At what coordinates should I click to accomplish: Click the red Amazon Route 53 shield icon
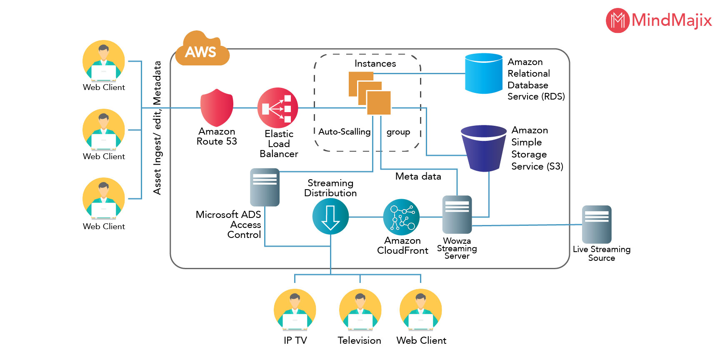point(217,107)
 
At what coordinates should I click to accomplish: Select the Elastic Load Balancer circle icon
point(277,107)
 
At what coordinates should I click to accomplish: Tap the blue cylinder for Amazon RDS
point(483,73)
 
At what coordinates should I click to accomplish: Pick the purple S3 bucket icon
point(483,148)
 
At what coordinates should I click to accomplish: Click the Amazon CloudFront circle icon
point(401,217)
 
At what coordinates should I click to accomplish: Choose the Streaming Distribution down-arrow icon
point(330,217)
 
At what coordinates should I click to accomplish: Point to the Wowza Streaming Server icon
point(457,214)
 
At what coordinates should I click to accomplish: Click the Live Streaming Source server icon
point(597,224)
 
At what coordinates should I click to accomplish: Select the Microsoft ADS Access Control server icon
point(265,187)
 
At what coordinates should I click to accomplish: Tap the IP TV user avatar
point(295,310)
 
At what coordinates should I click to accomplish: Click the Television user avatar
point(360,310)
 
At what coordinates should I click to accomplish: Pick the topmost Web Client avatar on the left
point(104,61)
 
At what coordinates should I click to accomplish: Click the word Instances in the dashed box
point(375,64)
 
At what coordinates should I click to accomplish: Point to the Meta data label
point(418,176)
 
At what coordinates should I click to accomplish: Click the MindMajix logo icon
point(617,20)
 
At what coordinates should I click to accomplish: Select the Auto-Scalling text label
point(344,132)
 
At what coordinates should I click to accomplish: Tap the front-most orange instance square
point(379,103)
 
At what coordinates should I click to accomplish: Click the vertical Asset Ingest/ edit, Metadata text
point(157,127)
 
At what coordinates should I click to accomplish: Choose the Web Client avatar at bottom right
point(420,310)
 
